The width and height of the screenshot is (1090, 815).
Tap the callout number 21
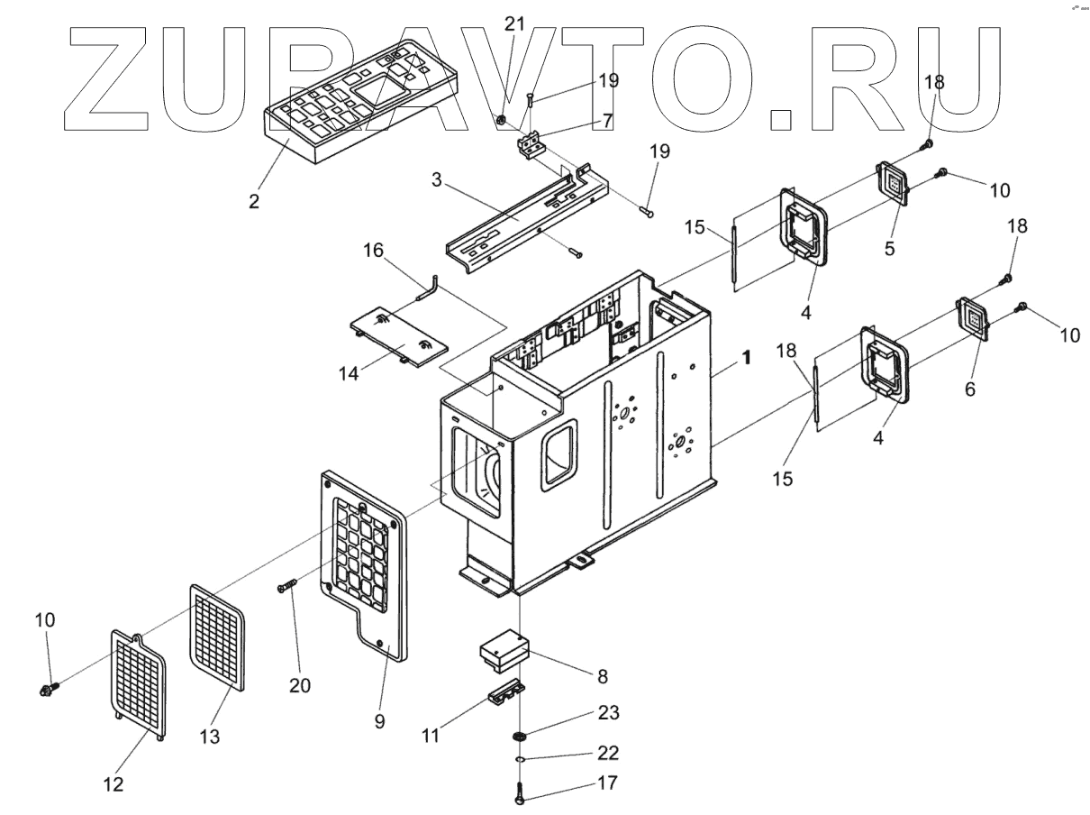(514, 24)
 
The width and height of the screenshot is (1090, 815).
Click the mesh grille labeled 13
(218, 635)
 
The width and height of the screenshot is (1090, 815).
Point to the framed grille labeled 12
(140, 682)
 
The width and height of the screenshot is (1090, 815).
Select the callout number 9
(379, 720)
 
